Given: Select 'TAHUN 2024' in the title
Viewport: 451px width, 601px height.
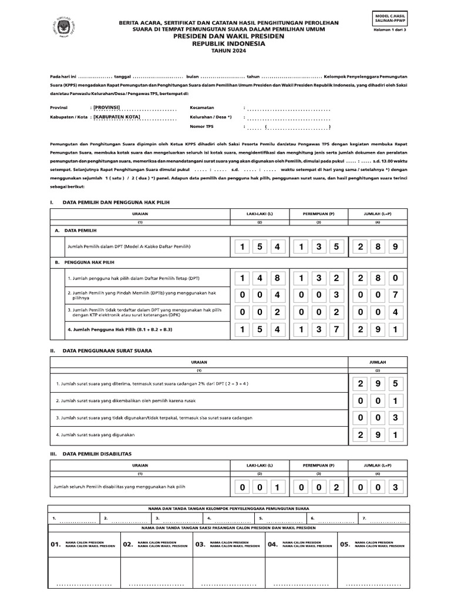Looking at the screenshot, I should point(226,51).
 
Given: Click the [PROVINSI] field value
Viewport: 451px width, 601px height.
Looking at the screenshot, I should point(111,107).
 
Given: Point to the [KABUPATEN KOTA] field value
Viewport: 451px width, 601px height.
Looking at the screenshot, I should point(117,117).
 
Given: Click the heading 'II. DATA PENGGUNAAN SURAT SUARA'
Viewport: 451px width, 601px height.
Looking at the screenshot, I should point(101,350).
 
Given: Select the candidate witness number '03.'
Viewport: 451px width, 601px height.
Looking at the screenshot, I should point(200,545).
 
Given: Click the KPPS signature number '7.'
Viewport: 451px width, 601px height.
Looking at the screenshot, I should point(364,519).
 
